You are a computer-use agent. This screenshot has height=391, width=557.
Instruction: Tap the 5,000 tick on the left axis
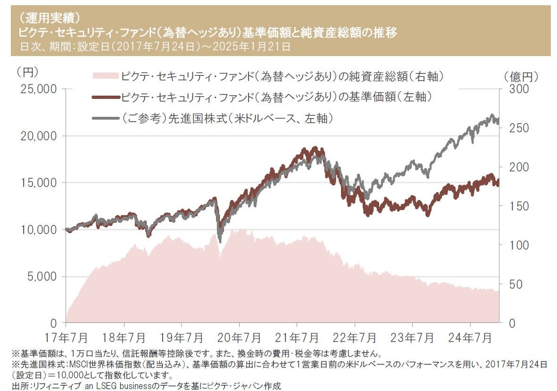(x=40, y=277)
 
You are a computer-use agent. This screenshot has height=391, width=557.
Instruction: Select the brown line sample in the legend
(x=105, y=97)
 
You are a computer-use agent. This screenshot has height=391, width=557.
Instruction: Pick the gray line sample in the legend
(x=105, y=118)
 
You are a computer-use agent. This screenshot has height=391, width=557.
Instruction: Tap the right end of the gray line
(x=499, y=121)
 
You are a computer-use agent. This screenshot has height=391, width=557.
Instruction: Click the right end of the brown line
(x=499, y=183)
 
